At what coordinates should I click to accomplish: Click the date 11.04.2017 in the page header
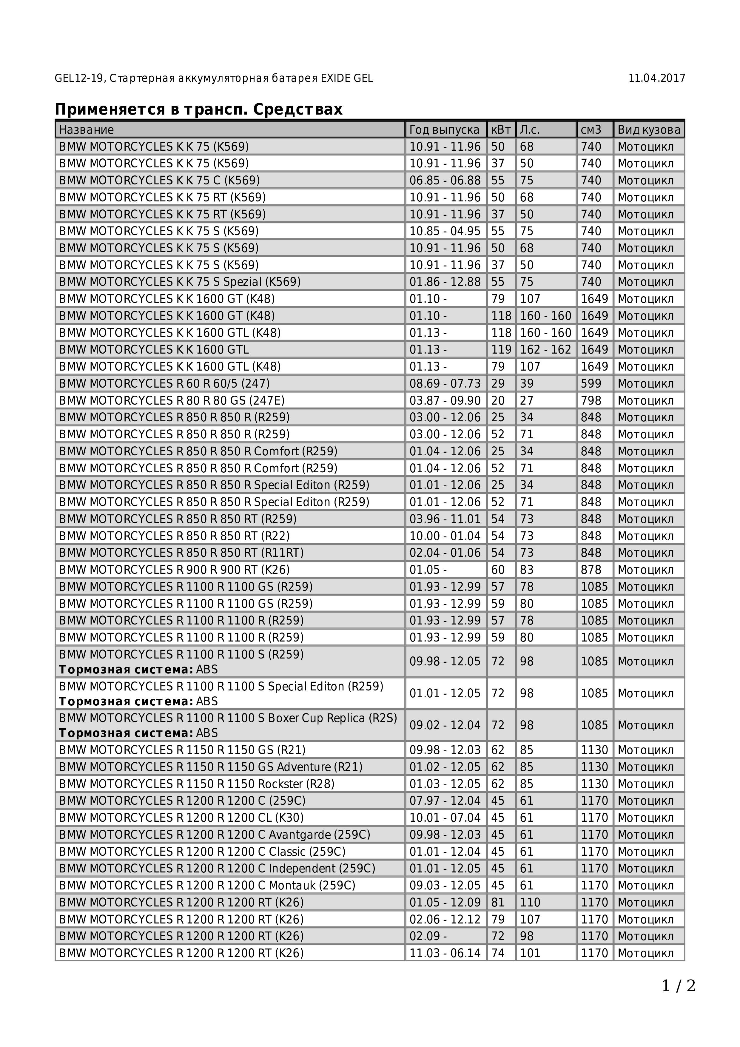tap(656, 78)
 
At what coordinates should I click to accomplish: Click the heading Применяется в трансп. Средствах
tap(198, 110)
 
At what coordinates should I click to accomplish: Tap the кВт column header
tap(501, 129)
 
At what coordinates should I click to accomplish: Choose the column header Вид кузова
tap(648, 129)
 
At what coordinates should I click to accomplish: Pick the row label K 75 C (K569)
tap(159, 180)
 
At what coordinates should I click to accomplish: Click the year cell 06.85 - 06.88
tap(445, 180)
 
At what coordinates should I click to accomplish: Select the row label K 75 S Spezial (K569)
tap(180, 282)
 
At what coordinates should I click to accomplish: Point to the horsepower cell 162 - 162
tap(545, 349)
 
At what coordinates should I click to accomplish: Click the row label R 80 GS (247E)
tap(172, 400)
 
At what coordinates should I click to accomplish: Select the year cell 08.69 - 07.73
tap(445, 383)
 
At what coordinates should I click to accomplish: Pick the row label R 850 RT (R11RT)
tap(181, 553)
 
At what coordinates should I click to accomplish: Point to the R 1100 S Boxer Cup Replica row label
tap(228, 718)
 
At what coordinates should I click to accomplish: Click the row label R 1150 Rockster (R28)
tap(197, 784)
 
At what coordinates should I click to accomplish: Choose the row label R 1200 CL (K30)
tap(181, 818)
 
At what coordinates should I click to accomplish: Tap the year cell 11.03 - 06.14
tap(445, 953)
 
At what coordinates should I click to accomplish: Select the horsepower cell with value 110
tap(530, 903)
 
